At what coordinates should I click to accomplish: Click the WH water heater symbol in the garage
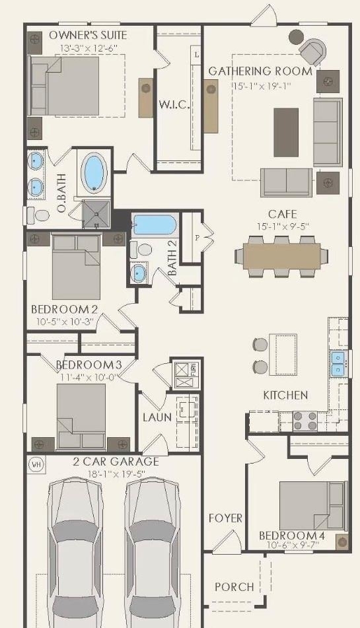[36, 465]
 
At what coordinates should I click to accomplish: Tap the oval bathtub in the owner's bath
[94, 172]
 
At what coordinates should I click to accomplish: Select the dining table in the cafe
[281, 256]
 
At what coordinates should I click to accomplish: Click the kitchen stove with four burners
[305, 421]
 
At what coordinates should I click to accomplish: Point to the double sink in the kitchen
[337, 364]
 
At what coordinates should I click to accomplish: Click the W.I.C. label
[174, 105]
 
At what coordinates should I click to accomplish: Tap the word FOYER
[225, 518]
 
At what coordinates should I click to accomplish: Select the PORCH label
[234, 587]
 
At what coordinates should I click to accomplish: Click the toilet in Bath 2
[141, 250]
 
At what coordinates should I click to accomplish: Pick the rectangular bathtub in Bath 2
[154, 225]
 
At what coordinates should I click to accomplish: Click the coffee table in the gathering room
[286, 132]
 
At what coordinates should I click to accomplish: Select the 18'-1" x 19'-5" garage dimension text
[116, 474]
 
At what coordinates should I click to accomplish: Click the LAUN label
[157, 418]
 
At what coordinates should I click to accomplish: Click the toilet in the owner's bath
[38, 216]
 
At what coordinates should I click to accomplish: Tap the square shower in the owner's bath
[96, 214]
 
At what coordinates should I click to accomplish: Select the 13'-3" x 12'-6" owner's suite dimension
[86, 48]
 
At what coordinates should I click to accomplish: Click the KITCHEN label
[285, 396]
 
